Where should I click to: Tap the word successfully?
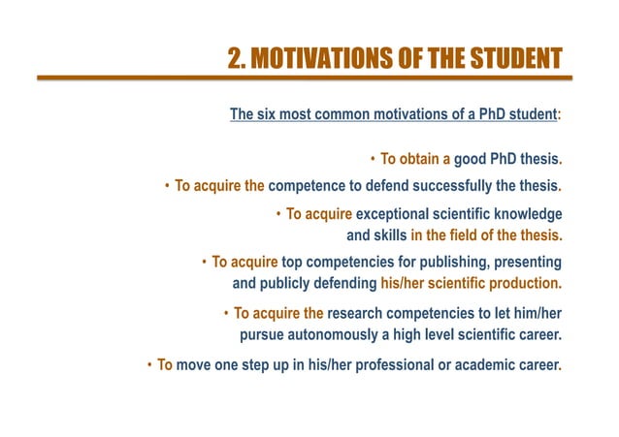tap(458, 185)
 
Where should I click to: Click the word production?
tap(526, 284)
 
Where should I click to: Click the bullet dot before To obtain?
tap(373, 159)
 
